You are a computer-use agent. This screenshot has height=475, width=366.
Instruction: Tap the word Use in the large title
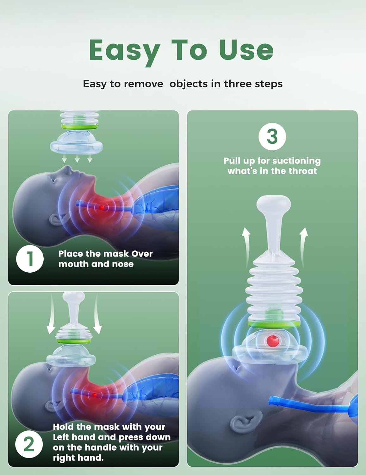click(246, 50)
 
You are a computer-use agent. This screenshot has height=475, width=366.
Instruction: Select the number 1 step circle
click(30, 259)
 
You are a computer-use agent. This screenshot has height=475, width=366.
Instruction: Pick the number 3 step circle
click(272, 136)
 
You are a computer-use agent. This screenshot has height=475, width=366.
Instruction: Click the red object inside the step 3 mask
click(273, 340)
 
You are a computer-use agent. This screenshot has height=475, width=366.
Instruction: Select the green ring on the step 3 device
click(273, 324)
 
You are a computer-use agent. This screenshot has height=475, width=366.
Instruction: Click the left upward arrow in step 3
click(246, 247)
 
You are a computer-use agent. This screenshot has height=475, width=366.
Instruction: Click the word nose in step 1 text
click(123, 264)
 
